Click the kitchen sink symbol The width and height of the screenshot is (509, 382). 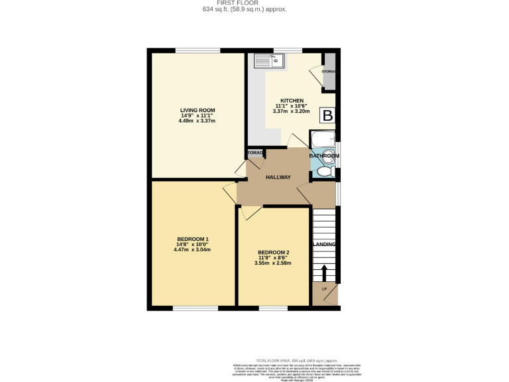(269, 61)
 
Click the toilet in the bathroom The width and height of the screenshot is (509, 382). (323, 172)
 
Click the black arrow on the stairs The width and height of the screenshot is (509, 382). (324, 273)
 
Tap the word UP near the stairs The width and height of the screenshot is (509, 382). (324, 289)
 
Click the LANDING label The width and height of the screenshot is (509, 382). (324, 245)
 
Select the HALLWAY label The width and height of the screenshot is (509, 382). (278, 176)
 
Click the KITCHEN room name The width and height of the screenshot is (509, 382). (291, 100)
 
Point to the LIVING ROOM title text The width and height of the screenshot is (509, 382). (198, 110)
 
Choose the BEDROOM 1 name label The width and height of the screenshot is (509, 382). (193, 239)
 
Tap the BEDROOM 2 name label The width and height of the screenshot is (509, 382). (274, 253)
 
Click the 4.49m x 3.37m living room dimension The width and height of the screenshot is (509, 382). (198, 121)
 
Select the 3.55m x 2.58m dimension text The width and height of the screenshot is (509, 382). (272, 263)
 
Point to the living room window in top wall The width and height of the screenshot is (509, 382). (198, 50)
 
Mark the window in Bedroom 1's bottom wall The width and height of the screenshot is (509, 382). (192, 308)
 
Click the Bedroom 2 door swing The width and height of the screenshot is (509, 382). (250, 212)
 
